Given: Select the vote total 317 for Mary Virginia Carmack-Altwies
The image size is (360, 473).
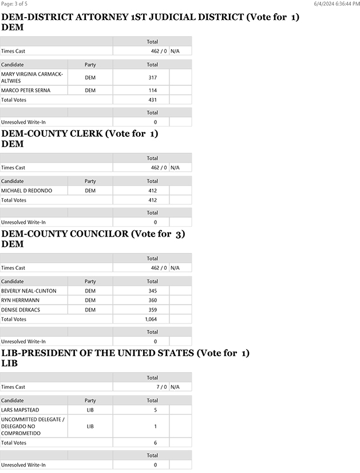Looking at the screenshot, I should point(152,77).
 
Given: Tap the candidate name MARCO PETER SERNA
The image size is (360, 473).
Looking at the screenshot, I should point(26,90).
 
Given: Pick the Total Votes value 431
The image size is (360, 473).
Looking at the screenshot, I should point(152,100).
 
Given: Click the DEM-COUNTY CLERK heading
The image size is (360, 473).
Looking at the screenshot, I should point(80,134).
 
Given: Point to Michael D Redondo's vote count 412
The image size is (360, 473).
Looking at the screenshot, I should point(152,191).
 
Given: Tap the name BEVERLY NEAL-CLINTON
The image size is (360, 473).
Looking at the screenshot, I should point(29,291).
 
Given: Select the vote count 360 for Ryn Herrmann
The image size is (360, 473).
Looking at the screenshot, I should point(152,300).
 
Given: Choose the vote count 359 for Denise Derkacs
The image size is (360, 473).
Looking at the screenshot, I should point(152,310).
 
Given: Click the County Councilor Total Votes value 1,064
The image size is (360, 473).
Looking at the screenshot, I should point(151,319).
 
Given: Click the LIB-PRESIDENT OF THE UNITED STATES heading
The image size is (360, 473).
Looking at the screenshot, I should point(125,353).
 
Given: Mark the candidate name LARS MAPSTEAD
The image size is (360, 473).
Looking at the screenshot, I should point(20,410).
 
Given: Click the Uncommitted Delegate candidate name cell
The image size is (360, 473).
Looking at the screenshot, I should point(33,427).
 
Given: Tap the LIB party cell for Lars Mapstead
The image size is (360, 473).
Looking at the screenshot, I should point(90,410).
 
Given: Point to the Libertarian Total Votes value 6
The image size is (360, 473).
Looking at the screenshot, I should point(155,443).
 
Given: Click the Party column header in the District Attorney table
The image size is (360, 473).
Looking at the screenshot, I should point(90,65).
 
